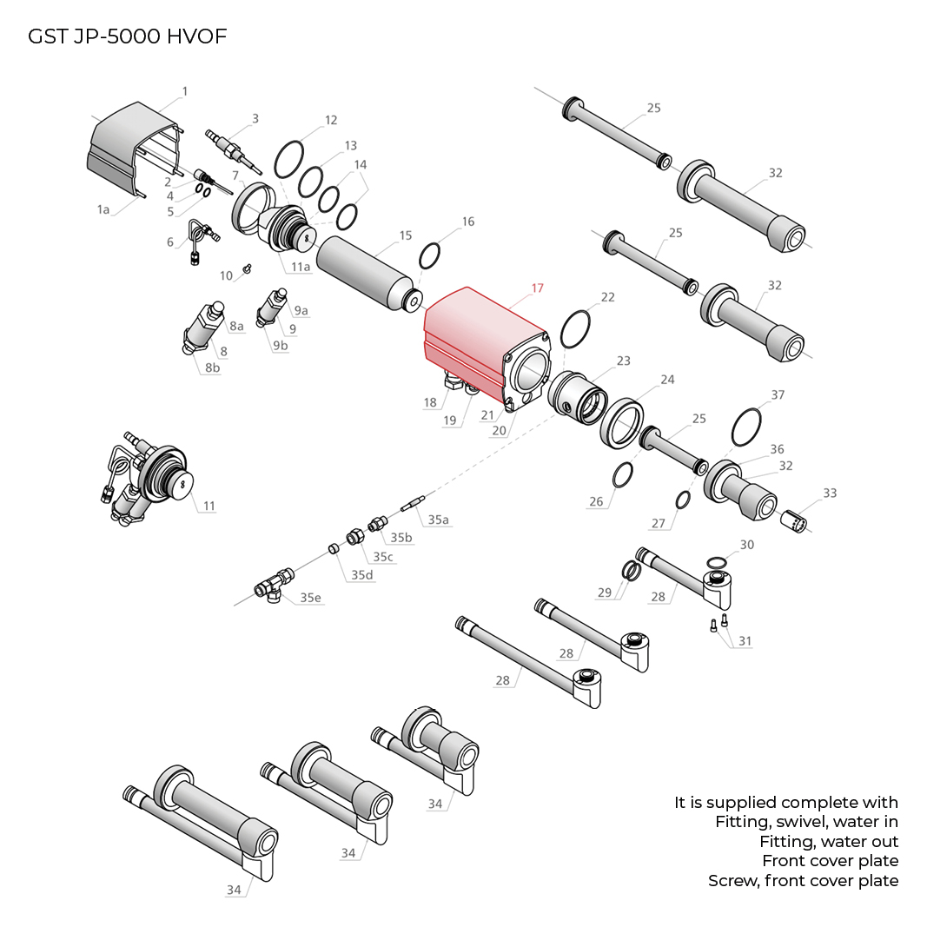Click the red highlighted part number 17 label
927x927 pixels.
click(x=537, y=288)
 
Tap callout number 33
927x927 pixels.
click(x=830, y=493)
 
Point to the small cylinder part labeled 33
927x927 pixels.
click(x=795, y=520)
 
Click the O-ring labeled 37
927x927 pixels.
click(x=747, y=427)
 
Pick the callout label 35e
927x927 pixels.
click(x=310, y=598)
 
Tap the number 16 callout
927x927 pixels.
click(x=468, y=222)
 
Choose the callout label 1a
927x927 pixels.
click(x=103, y=209)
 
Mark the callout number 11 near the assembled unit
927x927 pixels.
click(x=209, y=506)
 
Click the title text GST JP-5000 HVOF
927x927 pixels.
click(x=128, y=36)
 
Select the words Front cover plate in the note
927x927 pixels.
click(x=830, y=861)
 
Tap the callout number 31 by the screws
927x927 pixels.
click(x=745, y=641)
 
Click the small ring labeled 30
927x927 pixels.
click(x=716, y=560)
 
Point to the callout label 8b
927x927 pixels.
click(x=212, y=367)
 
